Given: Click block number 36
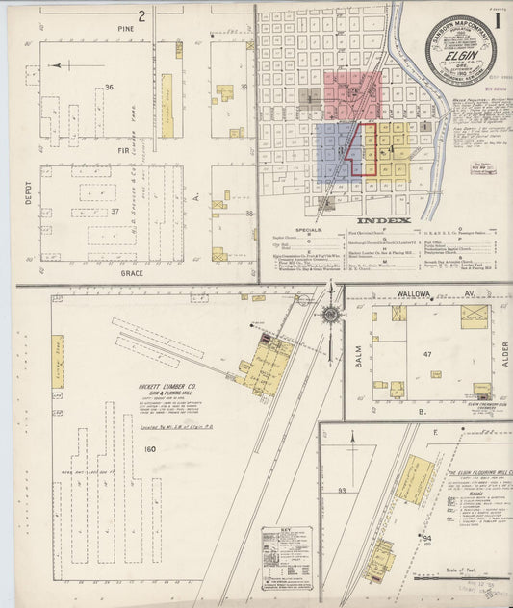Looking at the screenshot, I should click(x=109, y=88).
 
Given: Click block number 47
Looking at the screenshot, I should click(x=427, y=355).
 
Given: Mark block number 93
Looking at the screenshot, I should click(x=341, y=492).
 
